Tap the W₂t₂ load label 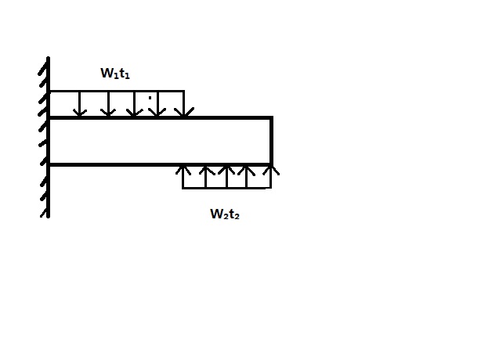pos(224,214)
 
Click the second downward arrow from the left pos(108,105)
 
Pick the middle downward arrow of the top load pos(134,105)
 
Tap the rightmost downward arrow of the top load pos(183,105)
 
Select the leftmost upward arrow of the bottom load pos(183,177)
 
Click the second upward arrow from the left pos(205,177)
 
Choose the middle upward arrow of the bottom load pos(227,177)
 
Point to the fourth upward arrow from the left pos(248,177)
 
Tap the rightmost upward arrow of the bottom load pos(270,177)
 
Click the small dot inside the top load pos(150,99)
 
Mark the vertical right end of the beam pos(271,141)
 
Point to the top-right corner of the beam pos(271,118)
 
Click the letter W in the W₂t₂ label pos(215,213)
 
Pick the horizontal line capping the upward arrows pos(227,188)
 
